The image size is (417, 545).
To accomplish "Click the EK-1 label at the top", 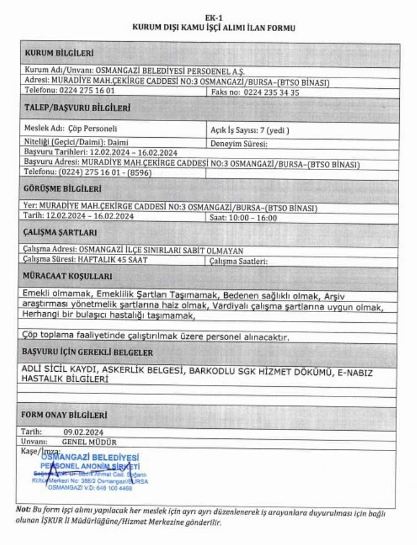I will pyautogui.click(x=210, y=18).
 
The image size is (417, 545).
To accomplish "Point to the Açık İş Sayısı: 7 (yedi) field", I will pyautogui.click(x=250, y=131).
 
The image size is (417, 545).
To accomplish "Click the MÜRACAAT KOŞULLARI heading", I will pyautogui.click(x=67, y=276).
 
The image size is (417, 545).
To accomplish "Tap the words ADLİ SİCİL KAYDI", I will pyautogui.click(x=64, y=369).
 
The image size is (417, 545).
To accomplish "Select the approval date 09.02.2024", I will pyautogui.click(x=83, y=431).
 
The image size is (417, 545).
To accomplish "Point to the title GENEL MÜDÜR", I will pyautogui.click(x=89, y=442).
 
